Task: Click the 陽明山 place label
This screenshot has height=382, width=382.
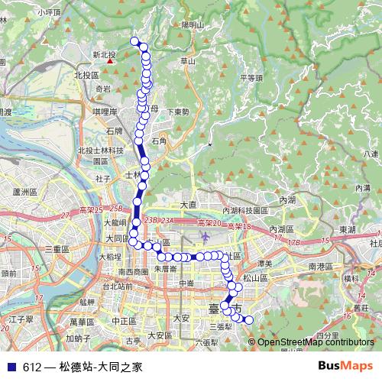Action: pyautogui.click(x=193, y=24)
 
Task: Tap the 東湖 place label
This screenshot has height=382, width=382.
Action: pyautogui.click(x=348, y=229)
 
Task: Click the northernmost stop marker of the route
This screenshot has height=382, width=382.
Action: pyautogui.click(x=134, y=41)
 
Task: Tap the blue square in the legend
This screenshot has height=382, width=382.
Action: pyautogui.click(x=11, y=367)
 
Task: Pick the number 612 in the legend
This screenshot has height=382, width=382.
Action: pyautogui.click(x=31, y=367)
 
